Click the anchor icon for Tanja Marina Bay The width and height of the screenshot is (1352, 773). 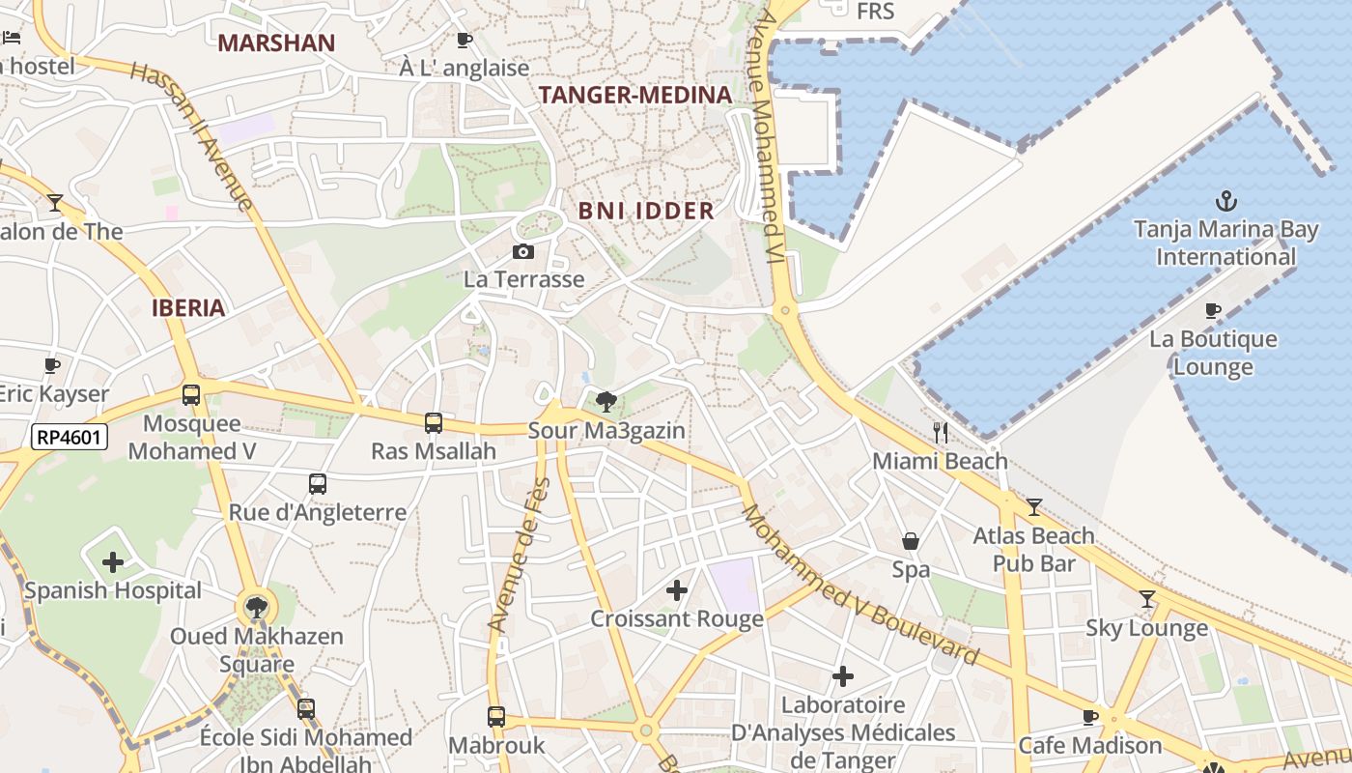click(x=1225, y=201)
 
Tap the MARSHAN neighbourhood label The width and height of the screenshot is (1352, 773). click(x=276, y=43)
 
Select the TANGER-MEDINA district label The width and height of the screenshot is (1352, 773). click(x=635, y=95)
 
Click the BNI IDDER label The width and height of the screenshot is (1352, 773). click(x=646, y=211)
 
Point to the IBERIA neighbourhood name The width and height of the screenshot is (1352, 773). click(x=188, y=308)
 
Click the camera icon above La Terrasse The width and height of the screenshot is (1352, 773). click(x=523, y=252)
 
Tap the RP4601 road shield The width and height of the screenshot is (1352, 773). click(x=69, y=437)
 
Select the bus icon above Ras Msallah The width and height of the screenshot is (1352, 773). click(x=434, y=422)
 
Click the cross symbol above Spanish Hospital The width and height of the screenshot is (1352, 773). click(x=113, y=561)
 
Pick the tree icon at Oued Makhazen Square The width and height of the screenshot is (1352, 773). click(x=256, y=608)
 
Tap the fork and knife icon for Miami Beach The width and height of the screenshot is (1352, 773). click(x=941, y=432)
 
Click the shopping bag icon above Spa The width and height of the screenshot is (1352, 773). click(x=910, y=541)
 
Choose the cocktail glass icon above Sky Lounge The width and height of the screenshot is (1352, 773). click(x=1146, y=599)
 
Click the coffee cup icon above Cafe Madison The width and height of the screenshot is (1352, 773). click(x=1090, y=717)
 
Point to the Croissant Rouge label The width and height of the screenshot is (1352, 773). click(x=677, y=618)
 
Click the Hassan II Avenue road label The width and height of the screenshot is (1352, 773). click(x=191, y=135)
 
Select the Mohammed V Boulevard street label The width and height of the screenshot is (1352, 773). click(x=859, y=585)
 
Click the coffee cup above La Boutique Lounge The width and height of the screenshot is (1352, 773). click(x=1213, y=310)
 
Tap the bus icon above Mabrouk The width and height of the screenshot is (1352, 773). click(x=496, y=717)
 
